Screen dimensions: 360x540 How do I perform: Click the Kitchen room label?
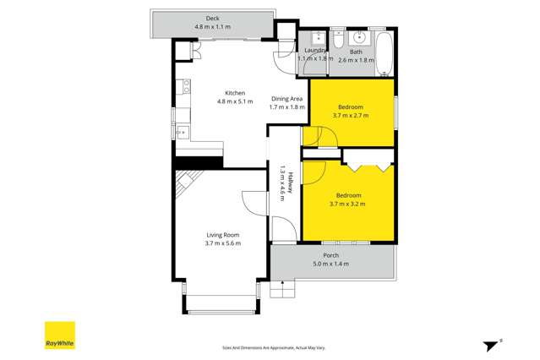[x=234, y=93]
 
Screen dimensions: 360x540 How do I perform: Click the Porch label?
[x=331, y=256]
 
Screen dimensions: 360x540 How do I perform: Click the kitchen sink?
[x=182, y=131]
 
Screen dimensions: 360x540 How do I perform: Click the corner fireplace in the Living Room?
[x=188, y=181]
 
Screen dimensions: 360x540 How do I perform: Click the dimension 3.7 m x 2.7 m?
[x=351, y=116]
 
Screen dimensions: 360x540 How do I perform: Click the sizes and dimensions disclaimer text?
[x=273, y=347]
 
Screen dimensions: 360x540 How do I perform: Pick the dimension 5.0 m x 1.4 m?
[x=330, y=265]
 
